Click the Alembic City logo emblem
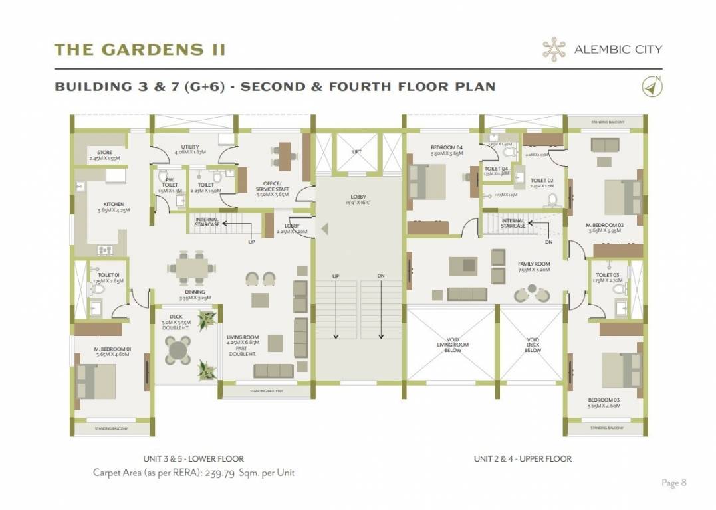pos(554,48)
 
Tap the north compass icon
pos(652,86)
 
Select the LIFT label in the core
pos(357,152)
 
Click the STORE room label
pos(105,153)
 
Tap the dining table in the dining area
pos(191,266)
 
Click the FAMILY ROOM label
pos(534,264)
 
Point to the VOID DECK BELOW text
pos(533,345)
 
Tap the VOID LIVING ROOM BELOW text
pos(452,345)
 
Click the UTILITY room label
pos(191,147)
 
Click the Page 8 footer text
pos(673,483)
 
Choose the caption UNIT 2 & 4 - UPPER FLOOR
pos(523,459)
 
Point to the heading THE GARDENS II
pos(140,50)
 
